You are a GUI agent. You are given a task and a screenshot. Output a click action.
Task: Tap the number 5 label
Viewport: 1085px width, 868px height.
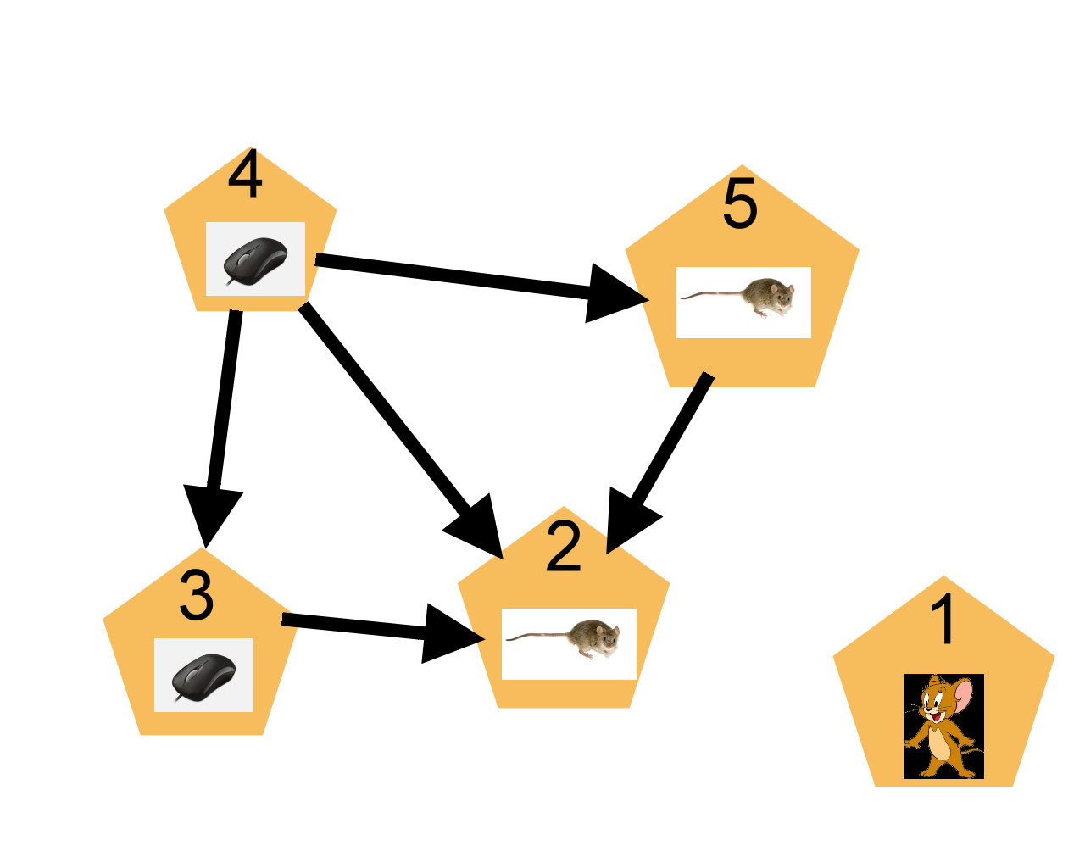click(739, 205)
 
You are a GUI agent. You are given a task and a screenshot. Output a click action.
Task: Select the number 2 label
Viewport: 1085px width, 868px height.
click(564, 548)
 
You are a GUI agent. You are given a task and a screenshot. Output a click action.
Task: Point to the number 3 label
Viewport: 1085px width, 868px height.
click(197, 596)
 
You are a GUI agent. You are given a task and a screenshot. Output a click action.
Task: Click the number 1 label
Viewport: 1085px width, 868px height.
click(943, 621)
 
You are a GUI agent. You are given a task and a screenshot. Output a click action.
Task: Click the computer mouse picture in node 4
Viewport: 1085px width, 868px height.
click(255, 259)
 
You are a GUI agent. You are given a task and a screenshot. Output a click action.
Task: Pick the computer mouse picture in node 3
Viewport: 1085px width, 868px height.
click(203, 676)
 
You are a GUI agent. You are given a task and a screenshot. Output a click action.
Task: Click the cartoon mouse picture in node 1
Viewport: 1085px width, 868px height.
click(943, 726)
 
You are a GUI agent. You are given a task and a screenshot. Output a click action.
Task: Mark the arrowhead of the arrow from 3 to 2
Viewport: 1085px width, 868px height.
click(448, 635)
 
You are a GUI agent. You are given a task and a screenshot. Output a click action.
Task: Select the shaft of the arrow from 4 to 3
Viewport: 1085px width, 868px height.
click(225, 398)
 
